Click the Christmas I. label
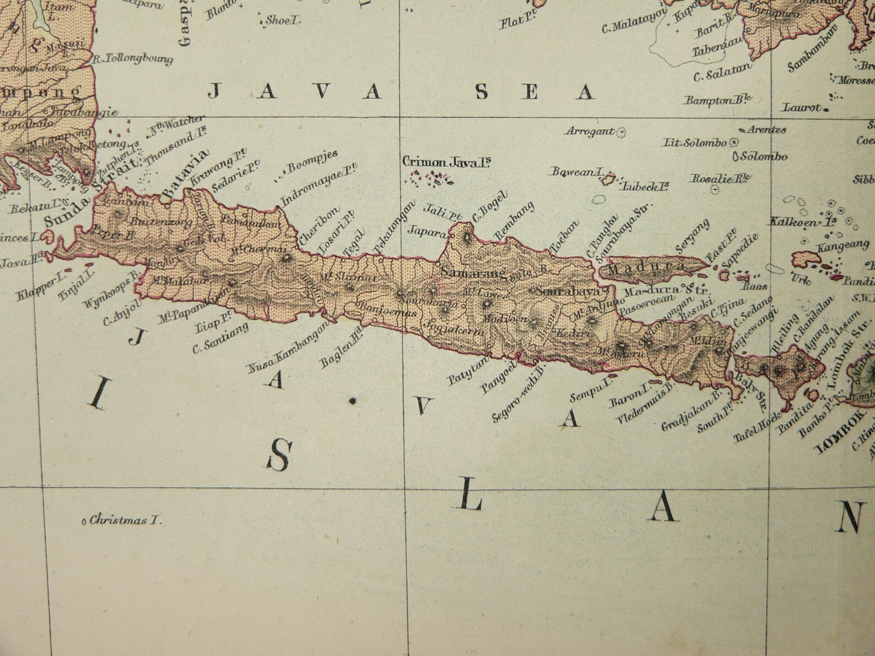point(126,519)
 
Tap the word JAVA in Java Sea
point(295,91)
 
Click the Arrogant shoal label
point(590,132)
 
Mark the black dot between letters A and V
point(352,402)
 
